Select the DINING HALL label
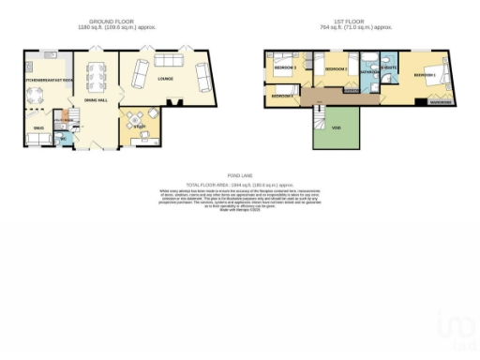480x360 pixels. click(x=97, y=98)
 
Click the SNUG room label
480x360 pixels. click(x=38, y=127)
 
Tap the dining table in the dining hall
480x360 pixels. click(x=95, y=74)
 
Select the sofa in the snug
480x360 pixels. click(x=38, y=140)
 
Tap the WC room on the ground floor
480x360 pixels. click(x=63, y=139)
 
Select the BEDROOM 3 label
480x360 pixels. click(x=284, y=68)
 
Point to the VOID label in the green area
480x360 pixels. click(x=336, y=128)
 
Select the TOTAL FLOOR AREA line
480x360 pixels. click(x=241, y=185)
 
